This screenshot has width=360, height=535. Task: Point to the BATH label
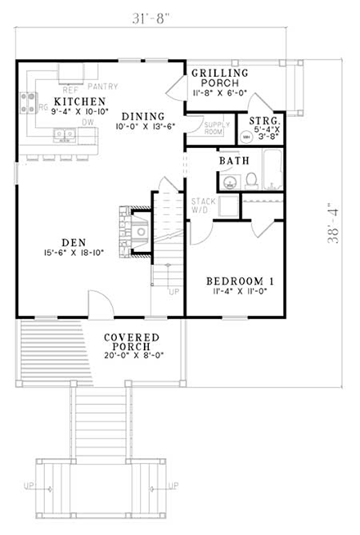[233, 161]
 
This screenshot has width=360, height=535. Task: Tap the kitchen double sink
[61, 134]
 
